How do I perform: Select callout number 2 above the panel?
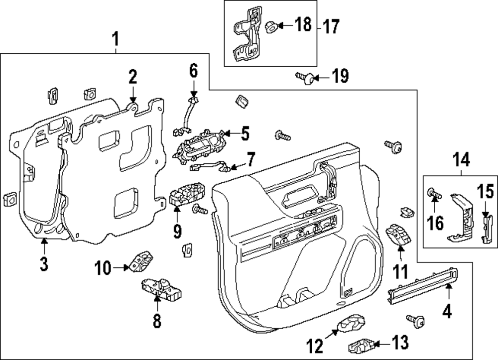click(132, 77)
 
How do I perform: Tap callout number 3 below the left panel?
click(44, 264)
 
